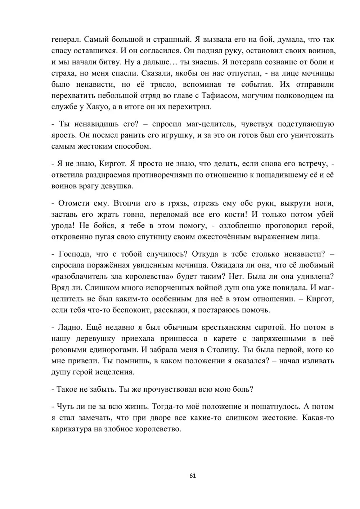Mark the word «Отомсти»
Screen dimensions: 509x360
coord(73,203)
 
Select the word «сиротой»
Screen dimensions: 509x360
coord(270,328)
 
